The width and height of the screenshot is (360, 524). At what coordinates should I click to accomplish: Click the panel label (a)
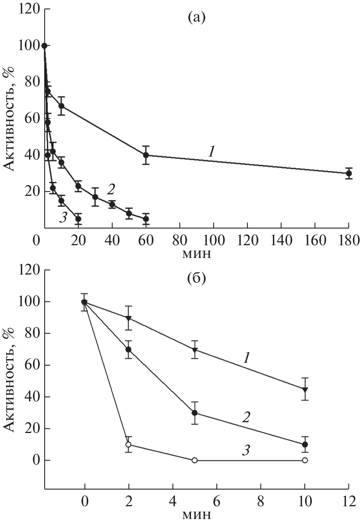(x=196, y=17)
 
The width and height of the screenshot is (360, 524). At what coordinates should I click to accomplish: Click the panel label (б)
(x=196, y=278)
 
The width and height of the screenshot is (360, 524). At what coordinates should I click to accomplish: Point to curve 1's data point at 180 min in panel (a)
(x=348, y=173)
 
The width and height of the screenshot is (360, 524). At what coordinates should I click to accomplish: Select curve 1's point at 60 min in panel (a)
(x=146, y=155)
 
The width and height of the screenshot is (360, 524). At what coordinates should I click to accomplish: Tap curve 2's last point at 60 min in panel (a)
(x=146, y=219)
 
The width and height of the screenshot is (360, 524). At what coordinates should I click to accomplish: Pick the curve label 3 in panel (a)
(x=63, y=218)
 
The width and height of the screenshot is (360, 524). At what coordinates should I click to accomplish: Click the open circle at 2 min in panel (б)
(x=129, y=444)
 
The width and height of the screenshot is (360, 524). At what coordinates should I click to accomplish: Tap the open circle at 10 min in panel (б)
(x=305, y=460)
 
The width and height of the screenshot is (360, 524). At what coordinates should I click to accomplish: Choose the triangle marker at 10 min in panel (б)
(x=305, y=389)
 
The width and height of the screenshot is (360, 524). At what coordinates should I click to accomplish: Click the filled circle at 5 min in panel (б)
(x=195, y=413)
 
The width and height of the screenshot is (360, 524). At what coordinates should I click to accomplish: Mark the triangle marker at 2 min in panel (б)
(x=129, y=318)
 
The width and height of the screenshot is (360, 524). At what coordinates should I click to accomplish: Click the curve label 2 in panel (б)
(x=246, y=417)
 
